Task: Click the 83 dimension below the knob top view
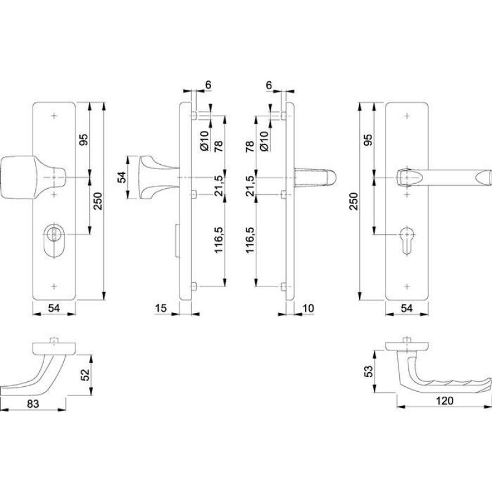coord(33,403)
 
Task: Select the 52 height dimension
coord(85,375)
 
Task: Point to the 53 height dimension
coord(369,371)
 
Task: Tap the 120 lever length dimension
coord(445,401)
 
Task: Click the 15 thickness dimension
coord(161,308)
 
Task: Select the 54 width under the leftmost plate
coord(54,308)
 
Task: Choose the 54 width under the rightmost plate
coord(407,308)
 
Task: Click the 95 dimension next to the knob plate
coord(84,140)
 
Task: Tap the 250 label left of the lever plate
coord(353,201)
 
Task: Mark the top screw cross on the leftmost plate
coord(54,116)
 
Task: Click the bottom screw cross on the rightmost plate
coord(407,287)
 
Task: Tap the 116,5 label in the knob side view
coord(219,240)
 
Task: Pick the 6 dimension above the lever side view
coord(269,85)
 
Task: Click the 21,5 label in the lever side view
coord(250,186)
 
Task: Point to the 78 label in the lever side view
coord(250,146)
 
